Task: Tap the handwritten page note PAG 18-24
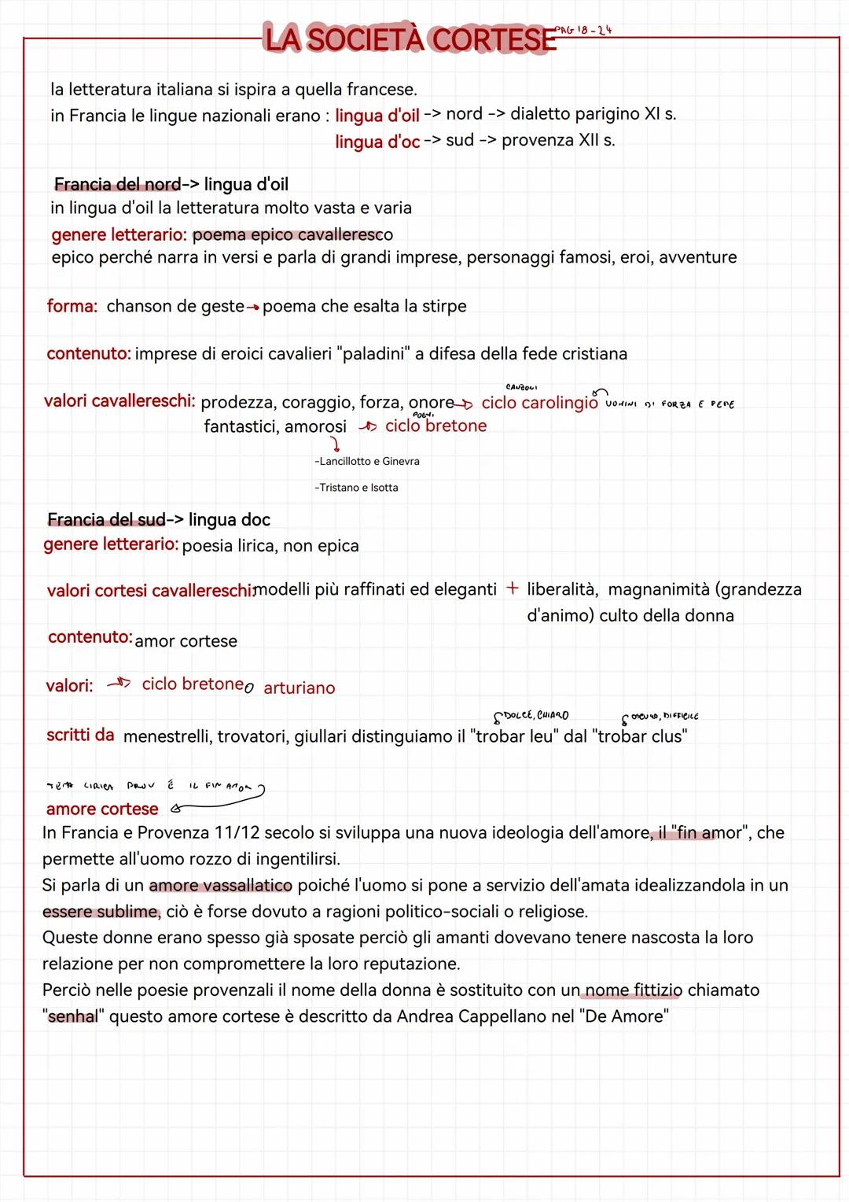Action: pos(583,30)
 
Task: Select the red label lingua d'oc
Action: pos(377,142)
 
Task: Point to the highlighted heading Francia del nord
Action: pos(117,184)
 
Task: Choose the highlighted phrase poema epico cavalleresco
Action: pos(292,234)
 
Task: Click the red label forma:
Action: pos(72,306)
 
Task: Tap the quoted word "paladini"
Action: pos(373,354)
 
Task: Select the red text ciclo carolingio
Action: pos(539,403)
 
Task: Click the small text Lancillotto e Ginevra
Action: pos(367,462)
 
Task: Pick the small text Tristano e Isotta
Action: pos(357,488)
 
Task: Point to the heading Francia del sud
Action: pos(106,520)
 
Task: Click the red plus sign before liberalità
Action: pos(513,588)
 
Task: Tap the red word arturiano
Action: pos(300,688)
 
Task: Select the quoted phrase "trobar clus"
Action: pos(642,736)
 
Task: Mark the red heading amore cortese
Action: pos(102,809)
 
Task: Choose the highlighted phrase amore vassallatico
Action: pos(220,886)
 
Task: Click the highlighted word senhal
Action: pos(73,1016)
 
